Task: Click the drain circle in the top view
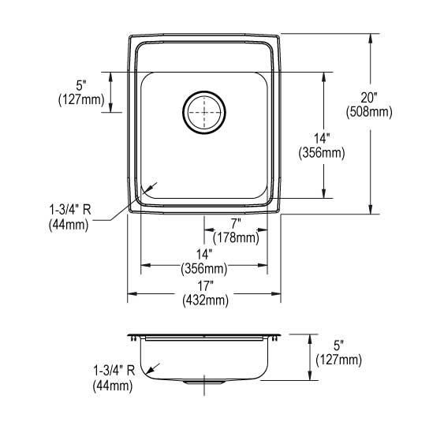point(204,114)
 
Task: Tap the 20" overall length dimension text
point(369,98)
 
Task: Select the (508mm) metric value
point(369,112)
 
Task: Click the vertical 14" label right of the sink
point(321,140)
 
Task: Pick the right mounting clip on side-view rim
point(276,338)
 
